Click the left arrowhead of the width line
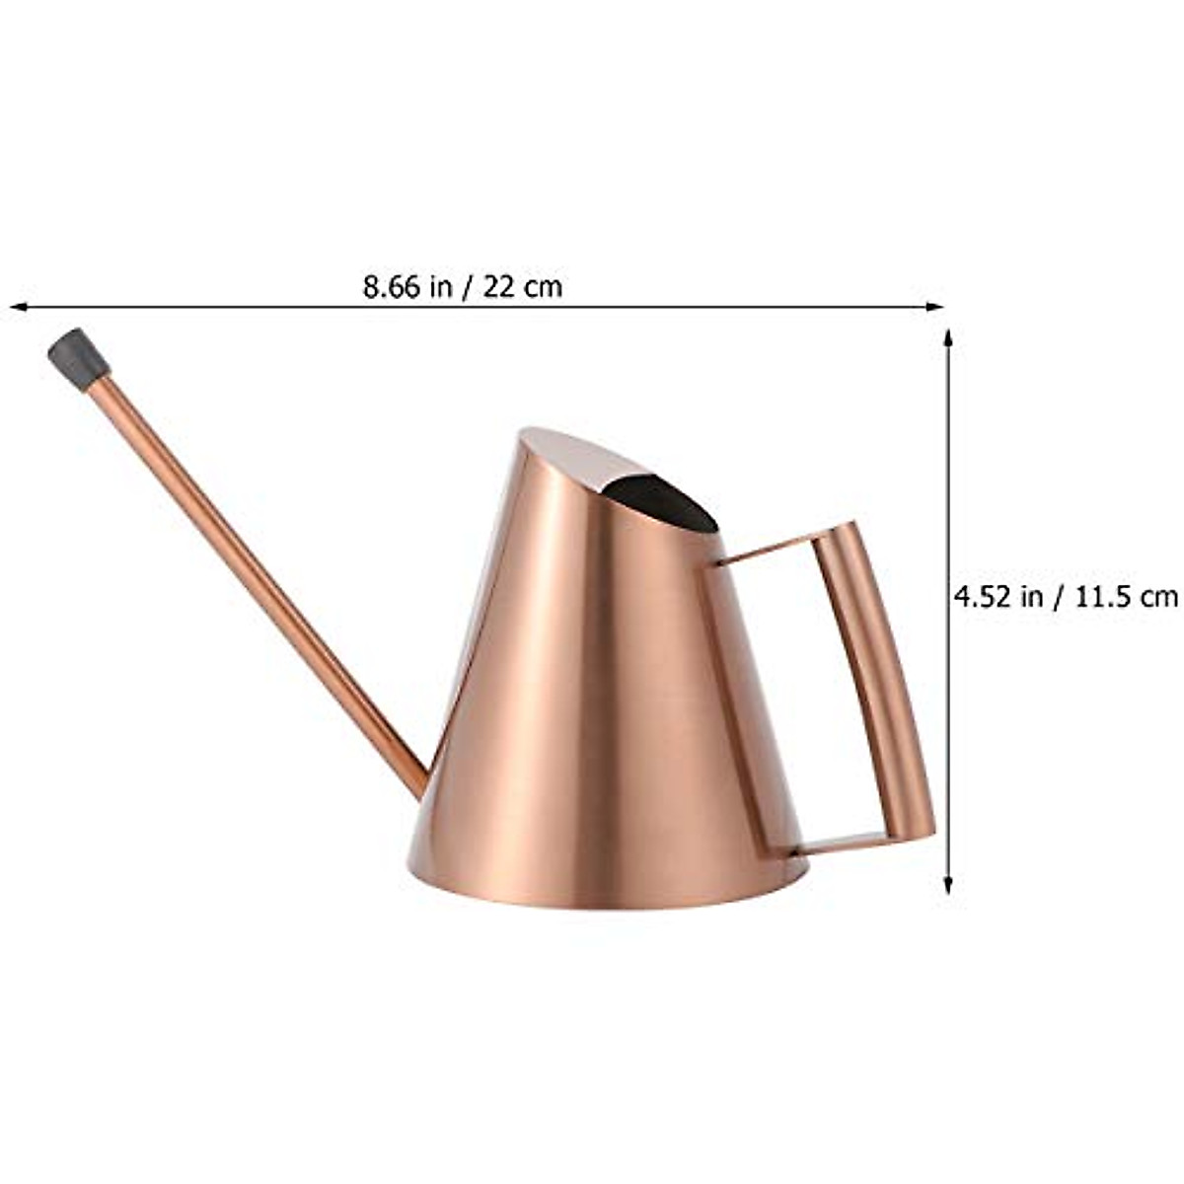tap(16, 307)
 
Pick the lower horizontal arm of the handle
tap(839, 845)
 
